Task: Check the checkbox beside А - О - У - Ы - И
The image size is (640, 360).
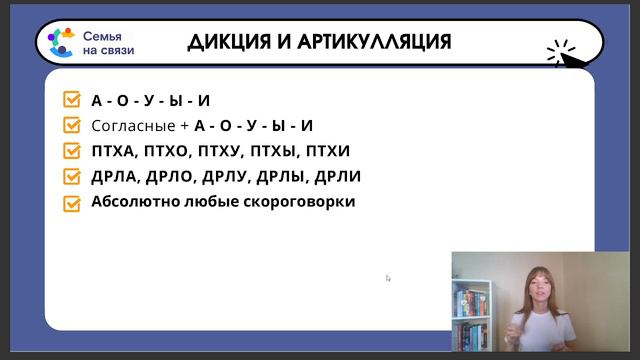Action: point(71,100)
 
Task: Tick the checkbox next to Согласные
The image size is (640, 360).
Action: point(71,126)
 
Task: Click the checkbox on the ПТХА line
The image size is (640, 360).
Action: point(71,152)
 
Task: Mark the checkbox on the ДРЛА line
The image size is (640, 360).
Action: point(71,177)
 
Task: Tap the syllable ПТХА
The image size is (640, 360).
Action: point(113,152)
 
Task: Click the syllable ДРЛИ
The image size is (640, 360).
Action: point(337,177)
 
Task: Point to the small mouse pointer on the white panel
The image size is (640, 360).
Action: point(388,278)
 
